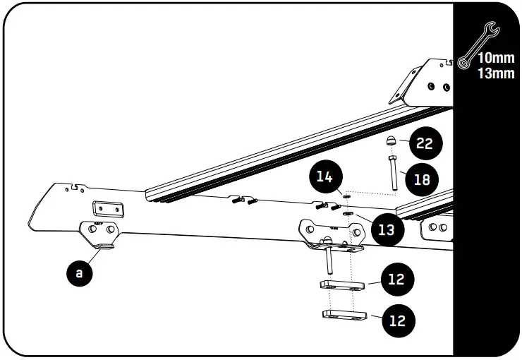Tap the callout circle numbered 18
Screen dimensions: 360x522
tap(422, 179)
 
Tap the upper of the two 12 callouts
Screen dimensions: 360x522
tap(397, 280)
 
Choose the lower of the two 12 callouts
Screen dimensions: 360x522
tap(397, 320)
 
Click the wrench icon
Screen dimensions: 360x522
tap(478, 44)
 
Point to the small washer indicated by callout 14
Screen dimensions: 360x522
tap(346, 196)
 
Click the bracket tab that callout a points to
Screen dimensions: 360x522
tap(103, 245)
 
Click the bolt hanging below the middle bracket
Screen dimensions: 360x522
tap(329, 261)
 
